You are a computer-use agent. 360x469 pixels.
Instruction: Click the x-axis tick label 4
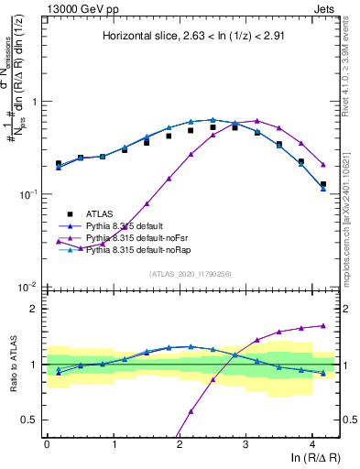pyautogui.click(x=311, y=443)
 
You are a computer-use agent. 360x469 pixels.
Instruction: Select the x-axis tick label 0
pyautogui.click(x=47, y=443)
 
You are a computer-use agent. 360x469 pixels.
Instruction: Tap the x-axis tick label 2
pyautogui.click(x=180, y=443)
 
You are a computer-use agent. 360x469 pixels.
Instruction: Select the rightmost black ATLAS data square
pyautogui.click(x=322, y=184)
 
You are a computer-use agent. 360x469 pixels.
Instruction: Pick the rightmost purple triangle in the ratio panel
pyautogui.click(x=322, y=325)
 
